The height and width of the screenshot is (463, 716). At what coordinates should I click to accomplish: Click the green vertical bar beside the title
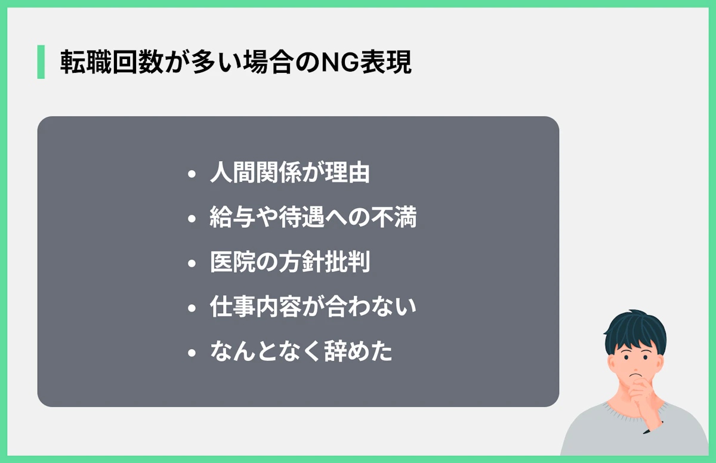click(41, 62)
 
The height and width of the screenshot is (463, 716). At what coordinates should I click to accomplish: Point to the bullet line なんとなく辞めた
click(301, 352)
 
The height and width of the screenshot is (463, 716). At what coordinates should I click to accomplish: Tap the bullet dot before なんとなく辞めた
click(192, 353)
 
